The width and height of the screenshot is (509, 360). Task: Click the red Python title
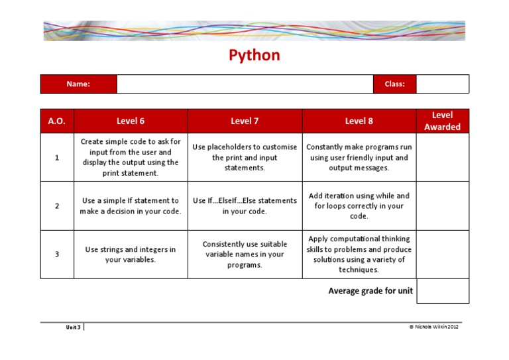[254, 55]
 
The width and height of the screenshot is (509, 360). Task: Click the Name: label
[78, 84]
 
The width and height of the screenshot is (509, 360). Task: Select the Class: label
[394, 84]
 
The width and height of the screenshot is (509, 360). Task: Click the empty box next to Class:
[442, 84]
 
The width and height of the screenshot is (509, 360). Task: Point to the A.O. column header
[57, 121]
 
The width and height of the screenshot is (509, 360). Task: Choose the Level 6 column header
[131, 121]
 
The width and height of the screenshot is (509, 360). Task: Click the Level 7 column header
[245, 121]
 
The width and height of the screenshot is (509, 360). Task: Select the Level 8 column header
[359, 121]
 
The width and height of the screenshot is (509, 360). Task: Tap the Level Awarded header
[442, 121]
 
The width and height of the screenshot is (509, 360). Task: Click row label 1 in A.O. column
[57, 158]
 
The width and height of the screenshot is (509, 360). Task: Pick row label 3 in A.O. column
[57, 254]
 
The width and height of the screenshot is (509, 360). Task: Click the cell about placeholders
[245, 158]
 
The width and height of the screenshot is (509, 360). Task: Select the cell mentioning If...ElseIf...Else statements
[245, 206]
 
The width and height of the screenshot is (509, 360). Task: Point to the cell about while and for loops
[359, 206]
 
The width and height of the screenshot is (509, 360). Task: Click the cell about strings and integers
[131, 255]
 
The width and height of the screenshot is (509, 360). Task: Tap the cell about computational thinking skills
[359, 254]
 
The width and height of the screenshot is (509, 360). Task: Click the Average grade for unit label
[370, 290]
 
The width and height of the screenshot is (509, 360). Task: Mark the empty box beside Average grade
[442, 291]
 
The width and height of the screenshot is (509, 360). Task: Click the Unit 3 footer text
[73, 327]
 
